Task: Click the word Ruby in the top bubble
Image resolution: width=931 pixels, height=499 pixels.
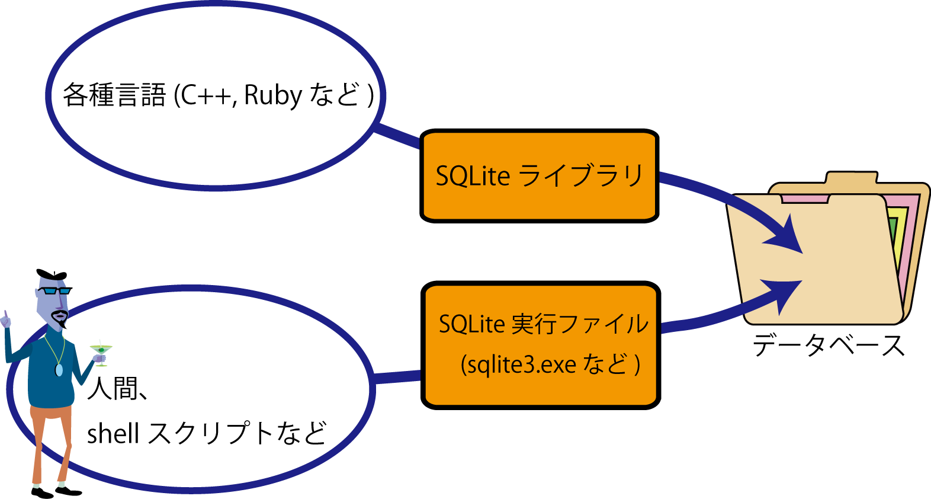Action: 273,95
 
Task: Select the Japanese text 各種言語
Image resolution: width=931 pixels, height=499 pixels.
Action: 114,95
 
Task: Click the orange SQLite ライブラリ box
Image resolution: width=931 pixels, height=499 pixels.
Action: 539,175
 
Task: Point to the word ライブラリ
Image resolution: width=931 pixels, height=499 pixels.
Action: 580,175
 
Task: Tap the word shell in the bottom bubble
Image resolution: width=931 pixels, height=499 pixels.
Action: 113,433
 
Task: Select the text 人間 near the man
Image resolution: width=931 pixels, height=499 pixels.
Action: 113,389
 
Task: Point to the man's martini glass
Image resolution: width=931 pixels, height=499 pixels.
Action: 101,351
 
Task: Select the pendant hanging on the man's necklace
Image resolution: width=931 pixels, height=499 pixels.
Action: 59,370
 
